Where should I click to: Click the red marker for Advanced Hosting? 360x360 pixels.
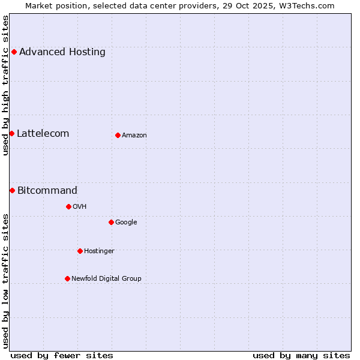click(x=14, y=52)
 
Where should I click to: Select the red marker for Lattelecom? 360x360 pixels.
click(x=11, y=133)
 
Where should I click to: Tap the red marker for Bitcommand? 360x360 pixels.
click(x=12, y=190)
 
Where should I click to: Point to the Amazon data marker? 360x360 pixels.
click(x=118, y=135)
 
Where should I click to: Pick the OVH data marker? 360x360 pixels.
click(x=68, y=206)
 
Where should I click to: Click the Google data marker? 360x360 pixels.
click(x=111, y=222)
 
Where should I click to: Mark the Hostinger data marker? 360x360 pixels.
click(x=80, y=251)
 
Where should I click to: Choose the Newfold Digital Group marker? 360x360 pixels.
click(x=67, y=278)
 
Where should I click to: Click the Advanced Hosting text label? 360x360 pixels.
click(x=62, y=52)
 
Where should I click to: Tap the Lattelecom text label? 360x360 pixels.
click(x=43, y=134)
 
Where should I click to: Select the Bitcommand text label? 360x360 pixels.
click(x=47, y=191)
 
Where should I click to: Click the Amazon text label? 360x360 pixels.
click(x=134, y=136)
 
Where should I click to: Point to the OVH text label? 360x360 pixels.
click(x=80, y=207)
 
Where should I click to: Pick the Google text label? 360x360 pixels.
click(x=126, y=223)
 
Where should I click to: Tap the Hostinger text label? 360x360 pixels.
click(x=99, y=251)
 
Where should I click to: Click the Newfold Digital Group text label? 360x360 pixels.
click(x=106, y=279)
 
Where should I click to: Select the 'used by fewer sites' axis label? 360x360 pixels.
click(x=62, y=355)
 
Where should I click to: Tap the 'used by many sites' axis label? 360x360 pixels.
click(x=301, y=355)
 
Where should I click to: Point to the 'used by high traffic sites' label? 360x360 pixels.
click(x=6, y=85)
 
